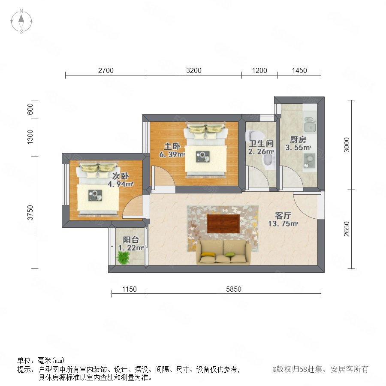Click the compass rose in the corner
tap(21, 21)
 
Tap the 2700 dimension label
tap(106, 70)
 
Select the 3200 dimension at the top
tap(194, 70)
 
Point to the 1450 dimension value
tap(299, 70)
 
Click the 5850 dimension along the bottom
tap(234, 289)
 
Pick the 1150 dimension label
tap(129, 289)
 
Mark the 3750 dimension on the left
tap(30, 212)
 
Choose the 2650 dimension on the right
tap(347, 229)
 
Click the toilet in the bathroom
tap(269, 162)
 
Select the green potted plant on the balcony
tap(123, 258)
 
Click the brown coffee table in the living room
tap(223, 224)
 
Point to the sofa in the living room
tap(223, 252)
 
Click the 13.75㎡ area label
tap(283, 223)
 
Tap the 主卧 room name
tap(172, 146)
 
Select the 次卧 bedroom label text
tap(121, 176)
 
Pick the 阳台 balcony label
tap(131, 239)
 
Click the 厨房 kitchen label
tap(298, 139)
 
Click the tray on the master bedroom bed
tap(203, 157)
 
